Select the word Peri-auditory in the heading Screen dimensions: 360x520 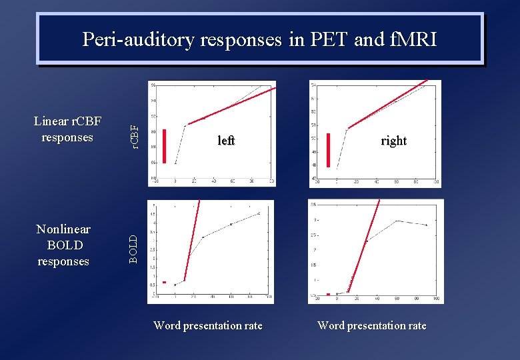pos(137,40)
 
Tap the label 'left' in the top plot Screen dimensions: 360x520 pos(226,141)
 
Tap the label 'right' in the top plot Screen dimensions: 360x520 pos(393,141)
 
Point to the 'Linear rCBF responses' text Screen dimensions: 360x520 pos(67,129)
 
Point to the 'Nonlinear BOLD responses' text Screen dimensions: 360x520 pos(63,245)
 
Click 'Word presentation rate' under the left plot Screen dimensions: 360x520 pos(208,325)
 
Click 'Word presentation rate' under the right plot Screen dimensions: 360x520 pos(372,325)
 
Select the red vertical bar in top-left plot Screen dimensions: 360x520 pos(164,146)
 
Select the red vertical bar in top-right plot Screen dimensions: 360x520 pos(328,150)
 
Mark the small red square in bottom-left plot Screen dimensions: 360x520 pos(165,282)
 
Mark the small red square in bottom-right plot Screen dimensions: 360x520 pos(328,294)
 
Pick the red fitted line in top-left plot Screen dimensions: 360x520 pos(230,107)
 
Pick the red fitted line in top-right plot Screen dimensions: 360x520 pos(387,105)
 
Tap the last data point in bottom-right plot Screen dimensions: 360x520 pos(426,225)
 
